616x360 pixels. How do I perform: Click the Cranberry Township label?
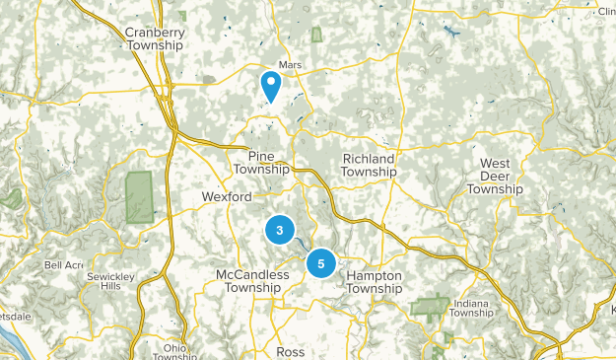(155, 38)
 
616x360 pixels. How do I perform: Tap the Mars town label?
(289, 65)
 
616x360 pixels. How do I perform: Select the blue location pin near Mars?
(270, 86)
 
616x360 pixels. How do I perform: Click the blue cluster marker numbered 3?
(280, 231)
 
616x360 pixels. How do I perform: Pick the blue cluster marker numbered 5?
(320, 263)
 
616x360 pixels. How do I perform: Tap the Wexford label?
(227, 197)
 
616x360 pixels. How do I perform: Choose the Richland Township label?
(369, 165)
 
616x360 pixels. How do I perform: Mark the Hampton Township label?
(375, 282)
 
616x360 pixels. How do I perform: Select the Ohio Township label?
(174, 352)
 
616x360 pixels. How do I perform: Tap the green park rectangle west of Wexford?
(139, 196)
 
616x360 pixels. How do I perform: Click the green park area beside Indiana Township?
(430, 306)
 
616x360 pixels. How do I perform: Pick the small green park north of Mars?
(317, 35)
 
